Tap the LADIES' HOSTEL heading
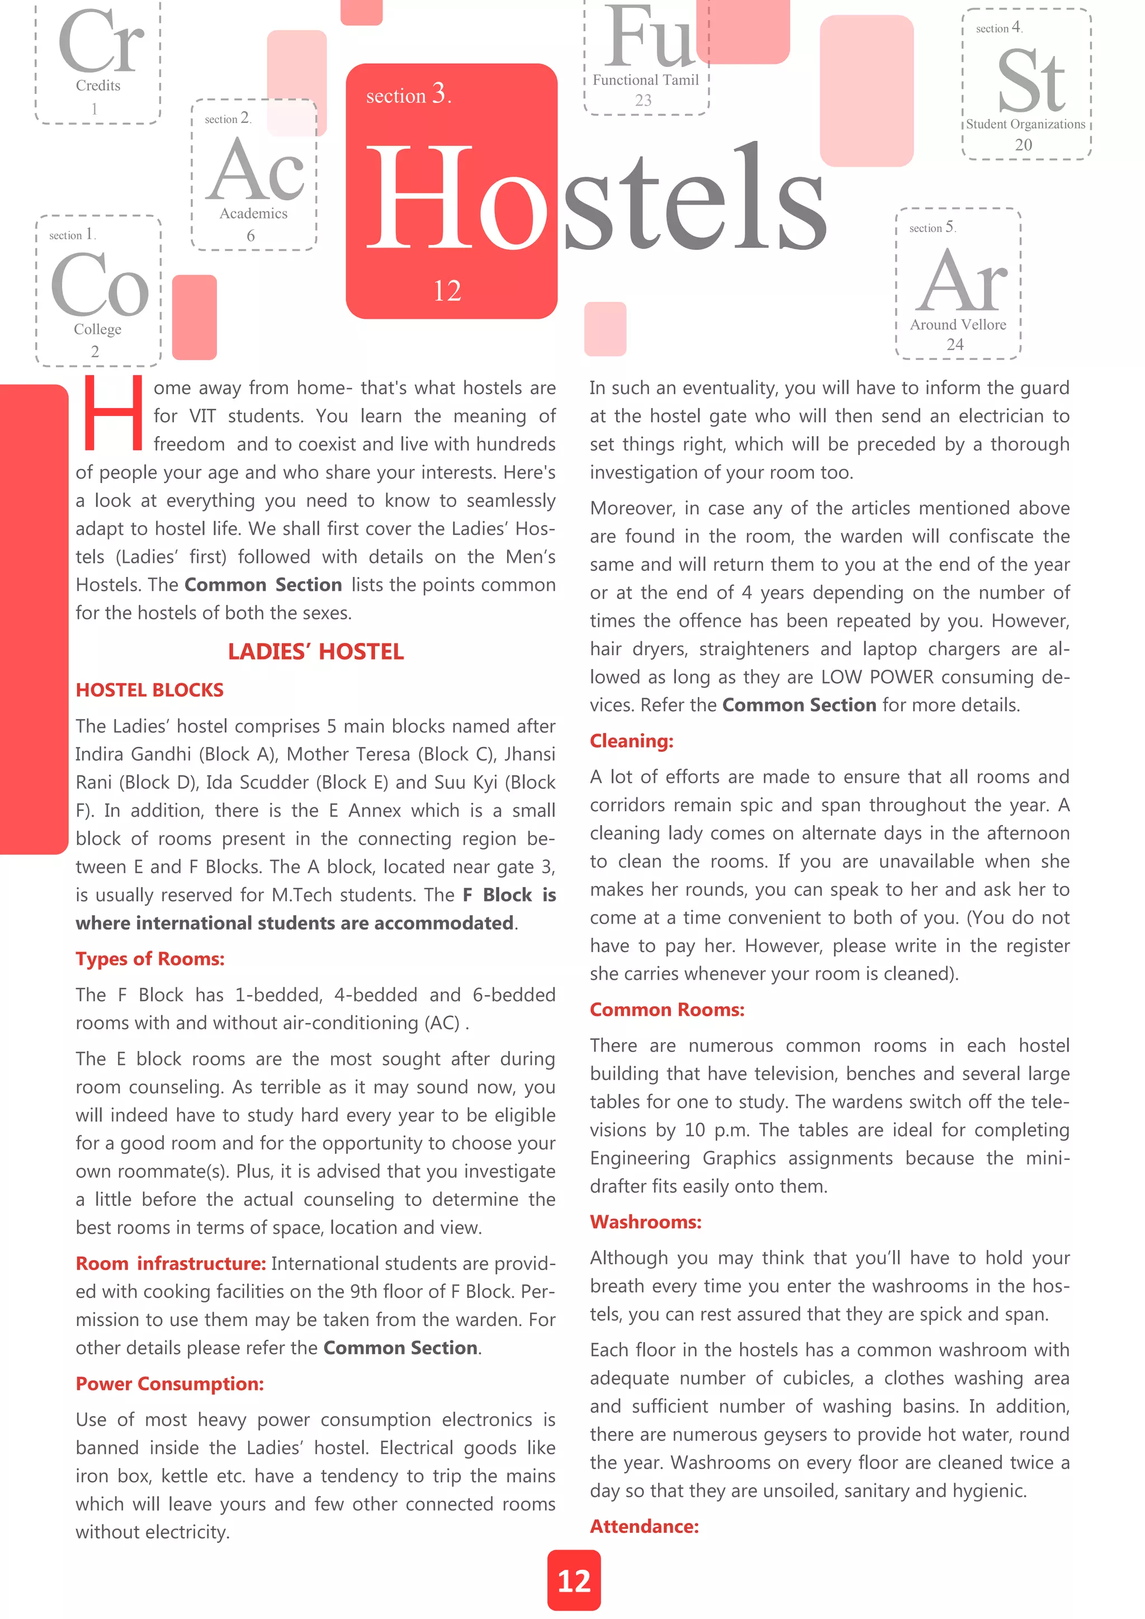point(315,651)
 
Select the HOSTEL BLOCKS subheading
point(149,690)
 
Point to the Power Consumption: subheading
point(170,1384)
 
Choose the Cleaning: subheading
point(631,741)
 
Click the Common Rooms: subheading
point(667,1010)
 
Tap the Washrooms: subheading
point(645,1222)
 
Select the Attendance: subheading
point(644,1526)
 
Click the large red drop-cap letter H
point(113,415)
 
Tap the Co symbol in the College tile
point(100,285)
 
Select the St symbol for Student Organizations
point(1031,81)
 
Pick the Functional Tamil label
point(645,81)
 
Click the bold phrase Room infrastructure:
point(171,1263)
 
